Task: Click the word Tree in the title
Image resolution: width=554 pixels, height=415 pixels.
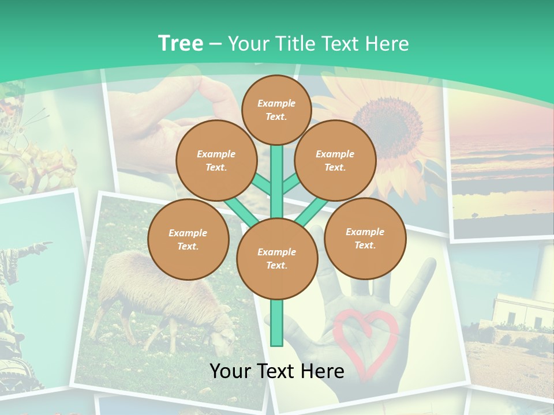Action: pyautogui.click(x=180, y=44)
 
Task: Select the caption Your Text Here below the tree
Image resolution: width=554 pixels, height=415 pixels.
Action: pyautogui.click(x=277, y=371)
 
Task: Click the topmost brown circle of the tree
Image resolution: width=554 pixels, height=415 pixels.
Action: pyautogui.click(x=276, y=110)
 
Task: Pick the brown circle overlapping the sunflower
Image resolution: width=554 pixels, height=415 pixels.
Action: pyautogui.click(x=335, y=161)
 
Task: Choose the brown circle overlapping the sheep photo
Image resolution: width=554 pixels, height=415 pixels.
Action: pyautogui.click(x=188, y=240)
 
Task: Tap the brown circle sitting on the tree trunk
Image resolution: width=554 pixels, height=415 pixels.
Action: pyautogui.click(x=277, y=259)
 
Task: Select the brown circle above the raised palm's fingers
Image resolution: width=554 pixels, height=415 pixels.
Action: pyautogui.click(x=365, y=239)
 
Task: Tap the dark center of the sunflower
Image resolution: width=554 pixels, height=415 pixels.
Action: pyautogui.click(x=392, y=120)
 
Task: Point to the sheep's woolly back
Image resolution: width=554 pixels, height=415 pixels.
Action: pyautogui.click(x=144, y=271)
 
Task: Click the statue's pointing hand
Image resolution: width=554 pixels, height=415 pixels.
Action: pyautogui.click(x=44, y=247)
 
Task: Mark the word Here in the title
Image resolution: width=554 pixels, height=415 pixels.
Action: pyautogui.click(x=388, y=44)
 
